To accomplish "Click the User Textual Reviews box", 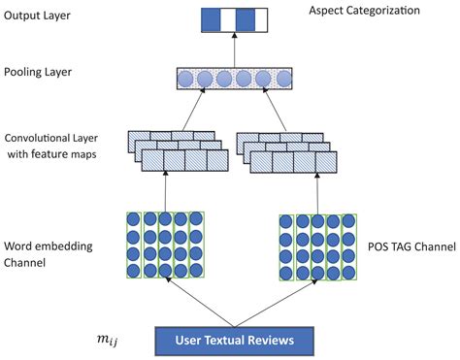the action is [235, 342].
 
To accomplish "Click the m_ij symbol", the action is [108, 340].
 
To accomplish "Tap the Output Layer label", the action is [37, 16].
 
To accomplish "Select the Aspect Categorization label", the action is [364, 11].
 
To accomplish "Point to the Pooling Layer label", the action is [38, 72].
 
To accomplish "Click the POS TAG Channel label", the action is [411, 246].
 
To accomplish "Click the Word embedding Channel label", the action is [49, 254].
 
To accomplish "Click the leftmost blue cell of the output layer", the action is [211, 20].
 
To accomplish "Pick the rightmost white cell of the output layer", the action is [261, 20].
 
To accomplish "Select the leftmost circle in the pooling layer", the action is [185, 79].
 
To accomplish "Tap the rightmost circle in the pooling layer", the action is [284, 79].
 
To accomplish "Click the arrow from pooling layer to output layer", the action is [235, 49].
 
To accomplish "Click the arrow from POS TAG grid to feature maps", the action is [317, 193].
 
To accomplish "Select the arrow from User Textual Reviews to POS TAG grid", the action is [276, 303].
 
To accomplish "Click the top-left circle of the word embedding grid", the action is [133, 219].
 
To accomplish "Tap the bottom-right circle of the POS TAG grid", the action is [348, 273].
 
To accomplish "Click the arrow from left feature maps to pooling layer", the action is [193, 109].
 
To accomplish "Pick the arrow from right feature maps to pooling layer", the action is [275, 109].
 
